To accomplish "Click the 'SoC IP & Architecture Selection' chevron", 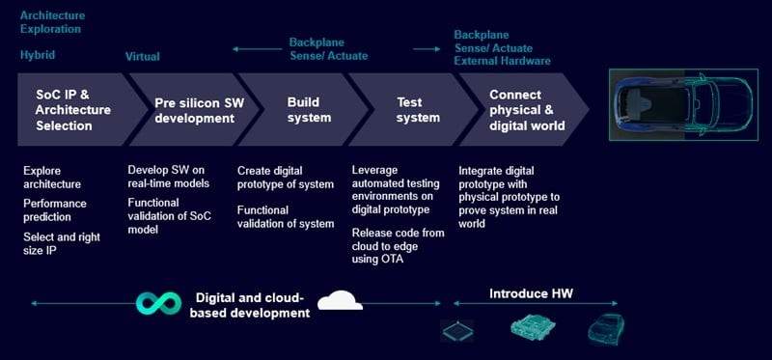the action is point(74,109).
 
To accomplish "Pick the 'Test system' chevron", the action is point(415,109).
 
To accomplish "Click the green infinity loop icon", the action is point(158,303).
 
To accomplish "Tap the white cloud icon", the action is point(340,300).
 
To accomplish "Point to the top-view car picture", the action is point(683,105).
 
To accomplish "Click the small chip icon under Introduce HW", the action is point(456,331).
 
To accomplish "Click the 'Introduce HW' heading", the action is point(531,294).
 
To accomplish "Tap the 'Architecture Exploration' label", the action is point(52,22).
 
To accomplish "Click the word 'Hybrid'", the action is point(38,55).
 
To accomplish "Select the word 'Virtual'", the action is point(142,57).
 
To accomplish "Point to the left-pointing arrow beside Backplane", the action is point(257,49).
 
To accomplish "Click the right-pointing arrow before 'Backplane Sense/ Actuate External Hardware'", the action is point(427,49).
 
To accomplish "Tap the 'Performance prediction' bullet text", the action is point(55,210).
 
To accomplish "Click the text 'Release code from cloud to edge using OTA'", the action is point(398,246).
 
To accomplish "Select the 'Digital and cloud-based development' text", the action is point(250,305).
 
